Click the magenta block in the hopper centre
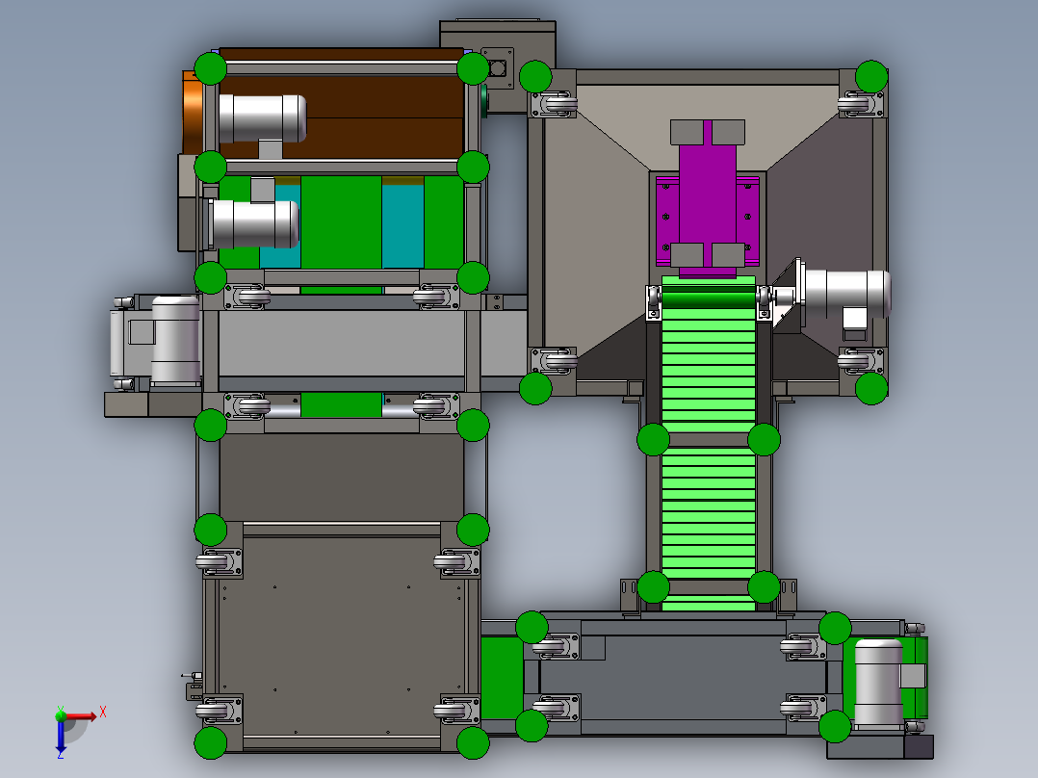point(707,198)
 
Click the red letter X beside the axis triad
point(103,713)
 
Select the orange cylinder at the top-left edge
point(193,113)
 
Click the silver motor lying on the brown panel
point(262,118)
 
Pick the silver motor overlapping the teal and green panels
point(254,223)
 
